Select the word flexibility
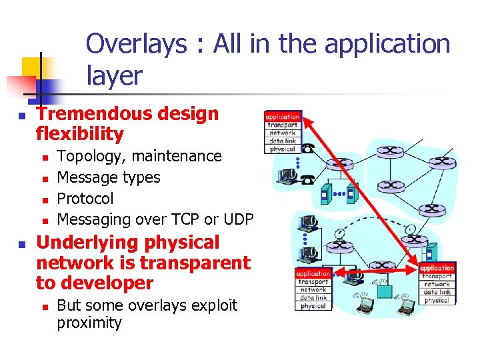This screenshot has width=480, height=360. [x=80, y=134]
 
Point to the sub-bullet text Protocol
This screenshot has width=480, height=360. [x=85, y=199]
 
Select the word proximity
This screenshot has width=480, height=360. [x=89, y=323]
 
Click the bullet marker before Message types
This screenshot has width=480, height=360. [x=43, y=179]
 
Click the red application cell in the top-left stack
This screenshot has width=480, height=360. [x=283, y=117]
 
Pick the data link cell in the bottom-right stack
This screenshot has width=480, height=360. [x=437, y=292]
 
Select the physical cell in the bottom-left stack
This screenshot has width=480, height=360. [x=313, y=306]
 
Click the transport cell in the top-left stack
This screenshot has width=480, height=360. [x=283, y=125]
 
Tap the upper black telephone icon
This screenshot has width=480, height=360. [x=308, y=149]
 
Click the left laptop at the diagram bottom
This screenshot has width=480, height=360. [x=365, y=304]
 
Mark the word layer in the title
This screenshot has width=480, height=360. [x=114, y=76]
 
